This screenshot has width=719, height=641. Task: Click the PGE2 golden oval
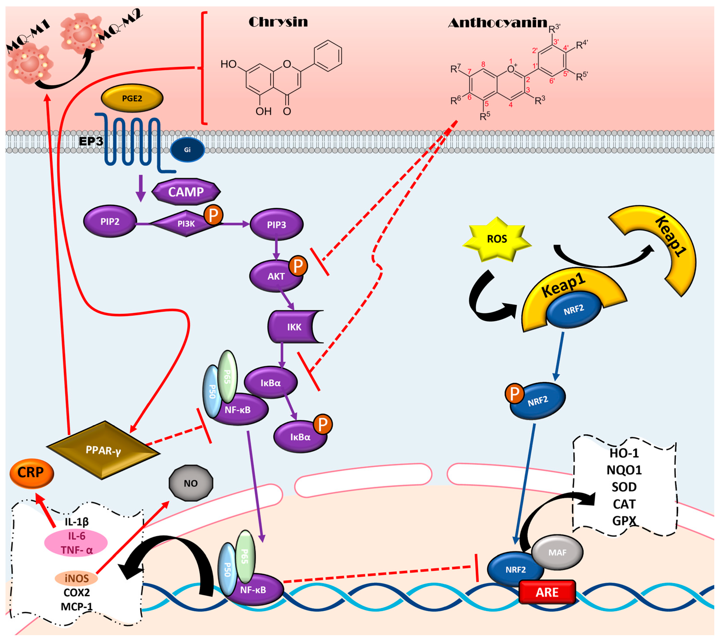pyautogui.click(x=132, y=98)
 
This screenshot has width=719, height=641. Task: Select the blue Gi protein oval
pyautogui.click(x=187, y=150)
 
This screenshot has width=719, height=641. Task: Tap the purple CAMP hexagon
pyautogui.click(x=186, y=192)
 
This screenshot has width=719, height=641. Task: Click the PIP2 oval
pyautogui.click(x=110, y=222)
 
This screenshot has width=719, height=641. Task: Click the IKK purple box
pyautogui.click(x=294, y=327)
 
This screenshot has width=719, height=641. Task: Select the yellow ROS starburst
pyautogui.click(x=497, y=239)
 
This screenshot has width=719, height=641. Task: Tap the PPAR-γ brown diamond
pyautogui.click(x=103, y=450)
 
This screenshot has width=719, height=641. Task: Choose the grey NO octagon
pyautogui.click(x=191, y=483)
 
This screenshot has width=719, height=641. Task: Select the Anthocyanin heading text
pyautogui.click(x=498, y=23)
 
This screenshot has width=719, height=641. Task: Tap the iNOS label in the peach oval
pyautogui.click(x=76, y=578)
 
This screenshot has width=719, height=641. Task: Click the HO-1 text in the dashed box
pyautogui.click(x=624, y=453)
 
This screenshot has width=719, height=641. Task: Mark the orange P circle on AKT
pyautogui.click(x=298, y=266)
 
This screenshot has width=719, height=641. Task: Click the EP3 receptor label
pyautogui.click(x=91, y=141)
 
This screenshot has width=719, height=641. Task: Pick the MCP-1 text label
pyautogui.click(x=76, y=607)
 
